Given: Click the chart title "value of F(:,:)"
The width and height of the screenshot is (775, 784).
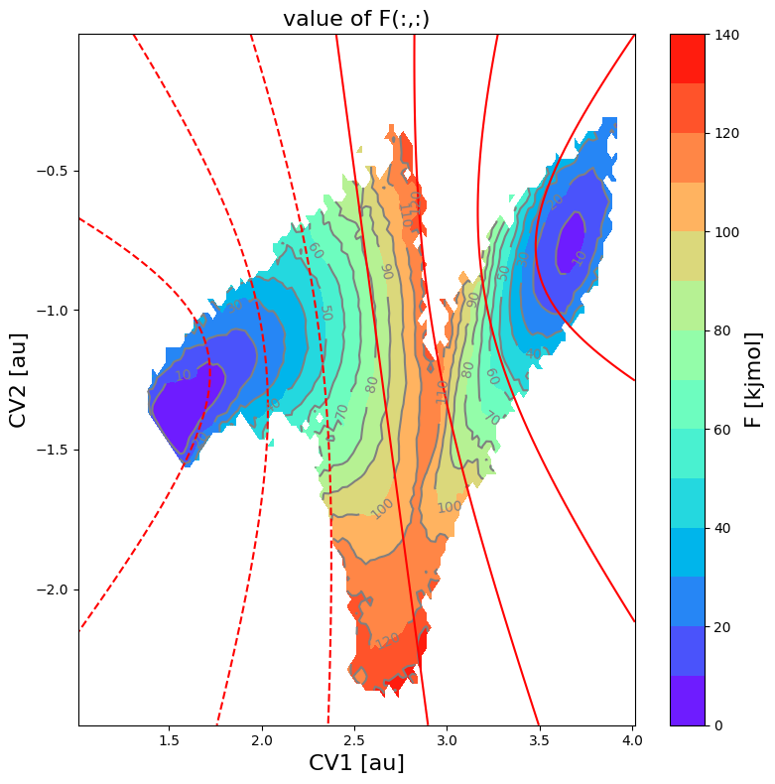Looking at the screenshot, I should pyautogui.click(x=356, y=18).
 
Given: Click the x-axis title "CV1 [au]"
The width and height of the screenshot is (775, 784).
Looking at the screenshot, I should pyautogui.click(x=356, y=763).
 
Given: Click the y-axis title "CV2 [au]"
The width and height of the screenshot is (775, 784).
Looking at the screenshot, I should pyautogui.click(x=17, y=379).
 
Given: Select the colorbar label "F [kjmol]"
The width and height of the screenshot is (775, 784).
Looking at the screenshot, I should pyautogui.click(x=754, y=379).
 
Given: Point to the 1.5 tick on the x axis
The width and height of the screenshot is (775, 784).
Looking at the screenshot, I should pyautogui.click(x=170, y=739).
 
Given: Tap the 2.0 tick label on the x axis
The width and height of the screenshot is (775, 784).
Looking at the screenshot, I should pyautogui.click(x=262, y=739).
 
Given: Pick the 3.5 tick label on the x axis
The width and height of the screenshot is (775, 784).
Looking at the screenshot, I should pyautogui.click(x=541, y=739).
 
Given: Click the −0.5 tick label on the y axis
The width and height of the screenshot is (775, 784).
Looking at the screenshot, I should pyautogui.click(x=51, y=171).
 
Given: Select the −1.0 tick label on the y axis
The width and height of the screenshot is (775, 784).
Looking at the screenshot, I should pyautogui.click(x=51, y=311).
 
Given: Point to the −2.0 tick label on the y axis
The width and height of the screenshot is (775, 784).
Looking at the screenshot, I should pyautogui.click(x=51, y=589).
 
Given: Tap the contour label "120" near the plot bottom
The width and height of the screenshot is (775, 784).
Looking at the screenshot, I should pyautogui.click(x=387, y=640).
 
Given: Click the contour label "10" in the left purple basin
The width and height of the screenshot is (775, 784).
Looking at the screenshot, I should pyautogui.click(x=184, y=375).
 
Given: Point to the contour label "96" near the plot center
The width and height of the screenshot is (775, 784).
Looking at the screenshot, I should pyautogui.click(x=388, y=271).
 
